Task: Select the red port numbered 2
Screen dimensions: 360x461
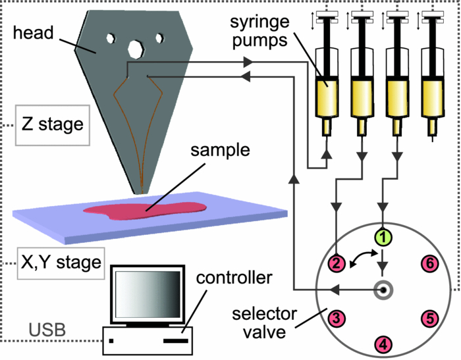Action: tap(337, 263)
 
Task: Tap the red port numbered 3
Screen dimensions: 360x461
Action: tap(337, 319)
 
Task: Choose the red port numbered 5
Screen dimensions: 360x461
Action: tap(429, 319)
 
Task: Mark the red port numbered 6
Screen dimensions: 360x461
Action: tap(429, 264)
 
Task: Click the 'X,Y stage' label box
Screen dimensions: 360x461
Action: tap(59, 263)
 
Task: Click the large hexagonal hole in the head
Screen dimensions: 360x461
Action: tap(136, 49)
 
